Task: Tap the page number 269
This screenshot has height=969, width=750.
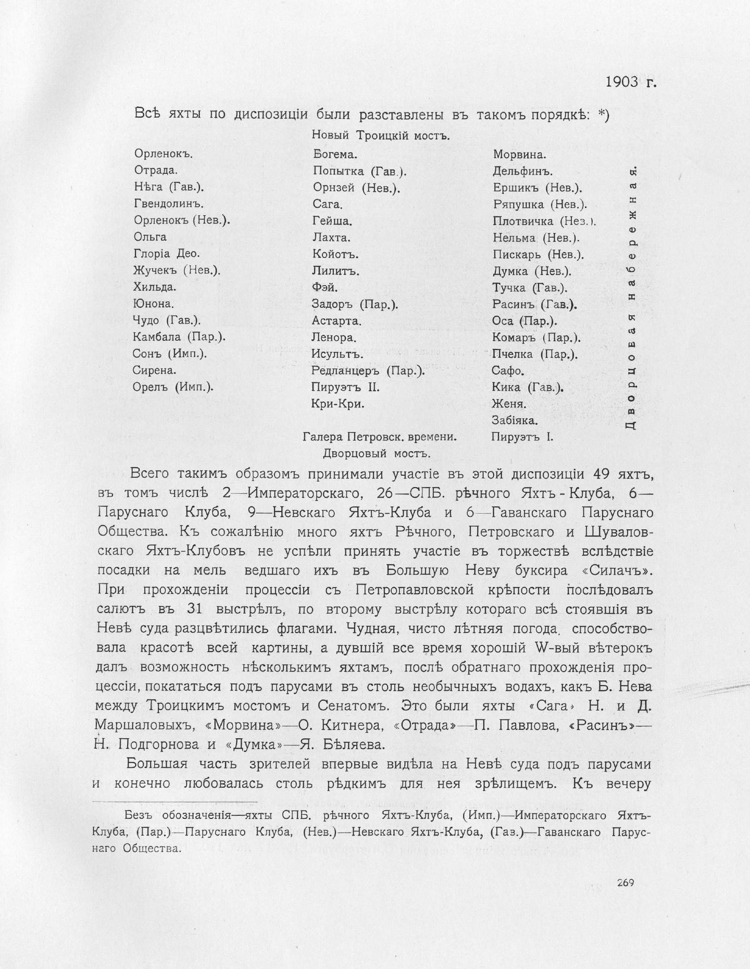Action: click(625, 883)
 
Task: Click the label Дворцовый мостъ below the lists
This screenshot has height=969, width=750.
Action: click(377, 453)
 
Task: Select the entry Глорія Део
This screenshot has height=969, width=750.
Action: click(167, 254)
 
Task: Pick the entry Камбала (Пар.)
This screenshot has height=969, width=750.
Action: click(179, 337)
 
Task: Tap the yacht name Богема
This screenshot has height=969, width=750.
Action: click(335, 154)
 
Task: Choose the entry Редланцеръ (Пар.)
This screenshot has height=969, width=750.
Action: click(368, 370)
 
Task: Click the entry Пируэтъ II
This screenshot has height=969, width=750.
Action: click(345, 387)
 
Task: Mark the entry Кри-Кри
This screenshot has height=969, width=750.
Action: click(337, 404)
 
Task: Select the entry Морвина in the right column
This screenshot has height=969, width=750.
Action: click(519, 154)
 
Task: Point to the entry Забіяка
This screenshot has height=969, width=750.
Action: click(515, 420)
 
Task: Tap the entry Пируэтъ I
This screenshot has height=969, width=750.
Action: click(522, 437)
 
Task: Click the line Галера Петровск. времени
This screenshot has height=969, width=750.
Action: click(380, 437)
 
